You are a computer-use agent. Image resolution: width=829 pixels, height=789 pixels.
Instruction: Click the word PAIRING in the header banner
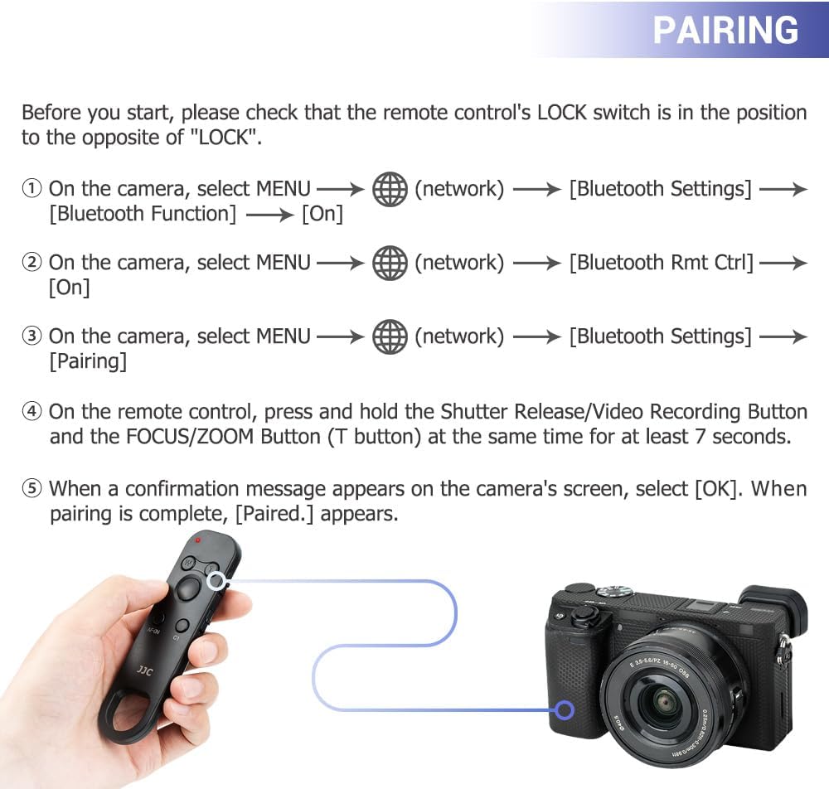tap(725, 30)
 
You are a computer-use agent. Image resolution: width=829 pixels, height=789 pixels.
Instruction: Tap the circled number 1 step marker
tap(32, 188)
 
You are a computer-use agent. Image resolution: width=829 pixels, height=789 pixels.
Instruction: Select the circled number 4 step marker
tap(32, 411)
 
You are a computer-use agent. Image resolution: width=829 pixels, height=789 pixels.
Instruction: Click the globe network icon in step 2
tap(390, 263)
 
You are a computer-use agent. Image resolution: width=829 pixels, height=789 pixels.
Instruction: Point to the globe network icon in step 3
tap(390, 336)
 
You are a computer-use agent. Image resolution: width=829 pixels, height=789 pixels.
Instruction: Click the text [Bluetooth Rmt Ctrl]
tap(661, 263)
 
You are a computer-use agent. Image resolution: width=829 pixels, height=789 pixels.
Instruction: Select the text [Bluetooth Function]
tap(143, 214)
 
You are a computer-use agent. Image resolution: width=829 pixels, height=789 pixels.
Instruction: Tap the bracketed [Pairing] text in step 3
tap(88, 361)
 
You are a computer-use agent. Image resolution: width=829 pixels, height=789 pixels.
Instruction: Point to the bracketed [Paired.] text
tap(274, 514)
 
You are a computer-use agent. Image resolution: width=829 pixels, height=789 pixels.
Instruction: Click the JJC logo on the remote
tap(145, 670)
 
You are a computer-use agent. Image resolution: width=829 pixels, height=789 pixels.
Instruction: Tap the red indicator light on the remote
tap(198, 540)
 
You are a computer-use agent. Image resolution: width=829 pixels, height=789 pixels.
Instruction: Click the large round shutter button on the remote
tap(188, 588)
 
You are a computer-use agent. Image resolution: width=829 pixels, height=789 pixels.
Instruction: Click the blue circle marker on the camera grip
tap(565, 709)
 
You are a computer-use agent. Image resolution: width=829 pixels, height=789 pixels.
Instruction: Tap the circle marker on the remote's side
tap(216, 581)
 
